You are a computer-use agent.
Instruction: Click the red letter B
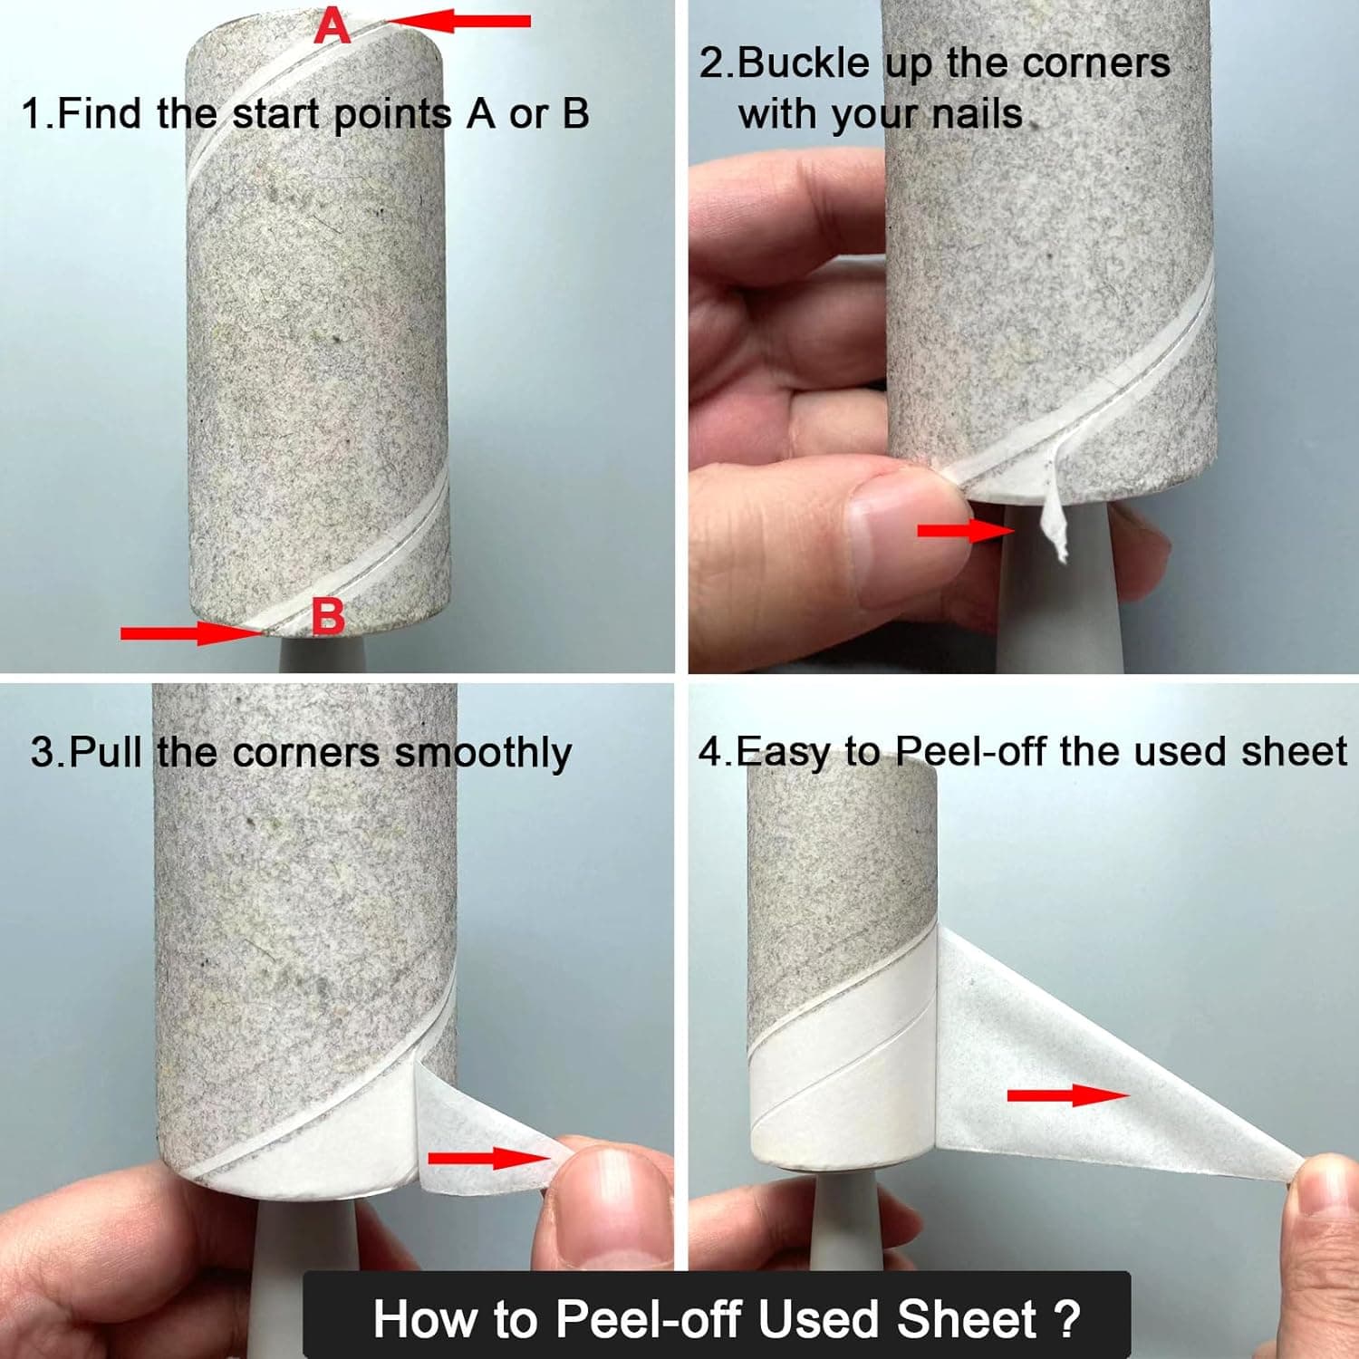(328, 616)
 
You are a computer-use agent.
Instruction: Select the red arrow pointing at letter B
(191, 632)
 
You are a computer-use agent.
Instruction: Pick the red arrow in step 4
(1068, 1094)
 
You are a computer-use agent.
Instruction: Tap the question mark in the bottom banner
(1068, 1318)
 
